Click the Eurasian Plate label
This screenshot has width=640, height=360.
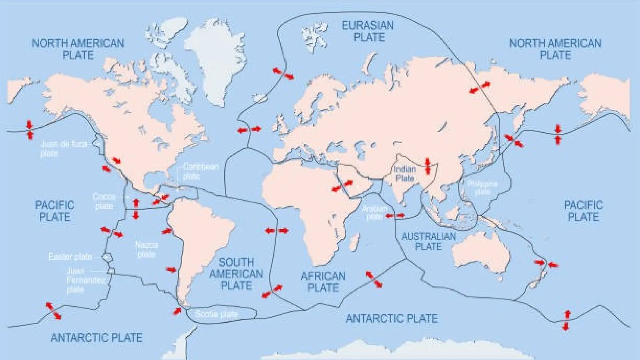pyautogui.click(x=368, y=31)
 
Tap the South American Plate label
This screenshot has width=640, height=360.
pyautogui.click(x=236, y=274)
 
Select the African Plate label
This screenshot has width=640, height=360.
pyautogui.click(x=323, y=282)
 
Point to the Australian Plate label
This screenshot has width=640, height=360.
pyautogui.click(x=428, y=241)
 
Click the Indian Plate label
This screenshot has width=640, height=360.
pyautogui.click(x=405, y=174)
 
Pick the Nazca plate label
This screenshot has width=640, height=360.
pyautogui.click(x=146, y=249)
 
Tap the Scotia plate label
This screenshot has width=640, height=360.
pyautogui.click(x=216, y=314)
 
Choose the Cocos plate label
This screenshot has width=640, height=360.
pyautogui.click(x=104, y=202)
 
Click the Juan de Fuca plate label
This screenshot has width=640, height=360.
pyautogui.click(x=64, y=148)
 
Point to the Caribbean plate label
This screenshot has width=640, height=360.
pyautogui.click(x=200, y=171)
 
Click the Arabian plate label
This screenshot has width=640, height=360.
pyautogui.click(x=374, y=213)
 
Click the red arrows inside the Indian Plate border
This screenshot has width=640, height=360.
pyautogui.click(x=427, y=166)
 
